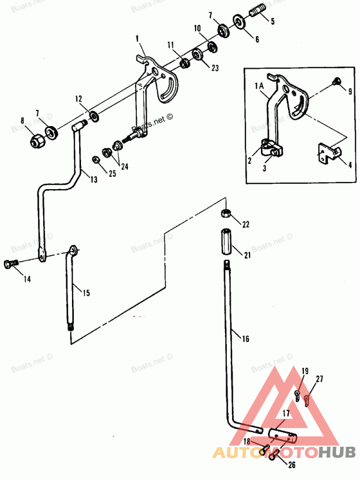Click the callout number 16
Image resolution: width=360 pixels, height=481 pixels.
pyautogui.click(x=245, y=339)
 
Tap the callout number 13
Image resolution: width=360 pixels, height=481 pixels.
pyautogui.click(x=93, y=180)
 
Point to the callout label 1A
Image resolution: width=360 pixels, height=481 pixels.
pyautogui.click(x=260, y=86)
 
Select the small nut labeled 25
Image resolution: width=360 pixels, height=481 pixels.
pyautogui.click(x=96, y=159)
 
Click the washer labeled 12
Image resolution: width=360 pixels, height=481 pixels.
pyautogui.click(x=95, y=116)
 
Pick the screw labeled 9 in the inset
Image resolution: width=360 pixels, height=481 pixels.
pyautogui.click(x=336, y=81)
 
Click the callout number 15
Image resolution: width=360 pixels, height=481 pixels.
pyautogui.click(x=86, y=293)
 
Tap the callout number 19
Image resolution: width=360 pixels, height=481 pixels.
pyautogui.click(x=305, y=371)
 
